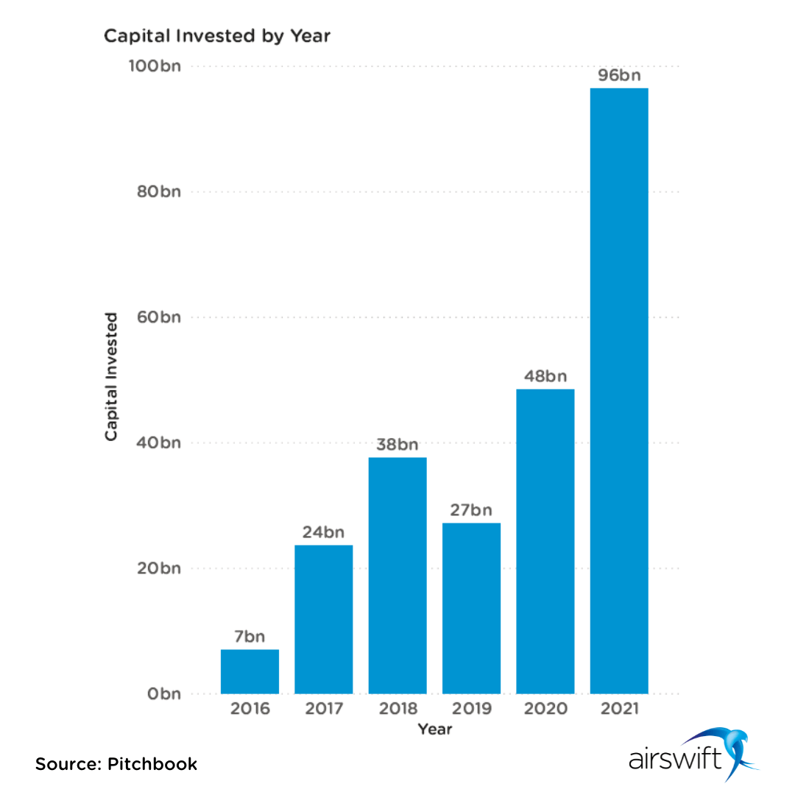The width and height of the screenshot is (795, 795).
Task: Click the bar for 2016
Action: (x=250, y=671)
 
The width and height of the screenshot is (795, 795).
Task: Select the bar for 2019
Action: (x=471, y=608)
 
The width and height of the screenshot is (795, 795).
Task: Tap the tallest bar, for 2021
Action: (x=619, y=391)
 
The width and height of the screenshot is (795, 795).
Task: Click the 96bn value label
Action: (x=619, y=75)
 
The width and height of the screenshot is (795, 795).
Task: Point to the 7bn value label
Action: (x=250, y=637)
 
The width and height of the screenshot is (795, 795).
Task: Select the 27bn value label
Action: (x=471, y=510)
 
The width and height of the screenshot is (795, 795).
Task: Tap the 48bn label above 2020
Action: (x=545, y=376)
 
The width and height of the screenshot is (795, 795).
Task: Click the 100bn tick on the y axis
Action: (x=155, y=66)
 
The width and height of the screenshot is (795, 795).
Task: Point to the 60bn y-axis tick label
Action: (x=158, y=317)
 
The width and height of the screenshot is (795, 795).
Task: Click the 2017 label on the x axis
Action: (x=324, y=710)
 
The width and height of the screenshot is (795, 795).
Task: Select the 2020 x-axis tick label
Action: (x=545, y=710)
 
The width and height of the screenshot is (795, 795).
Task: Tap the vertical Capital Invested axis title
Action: (x=111, y=376)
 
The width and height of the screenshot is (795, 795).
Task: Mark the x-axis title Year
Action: (x=435, y=729)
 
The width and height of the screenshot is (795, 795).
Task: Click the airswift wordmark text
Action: (x=674, y=759)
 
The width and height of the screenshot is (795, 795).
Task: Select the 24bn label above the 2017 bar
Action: (x=324, y=532)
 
